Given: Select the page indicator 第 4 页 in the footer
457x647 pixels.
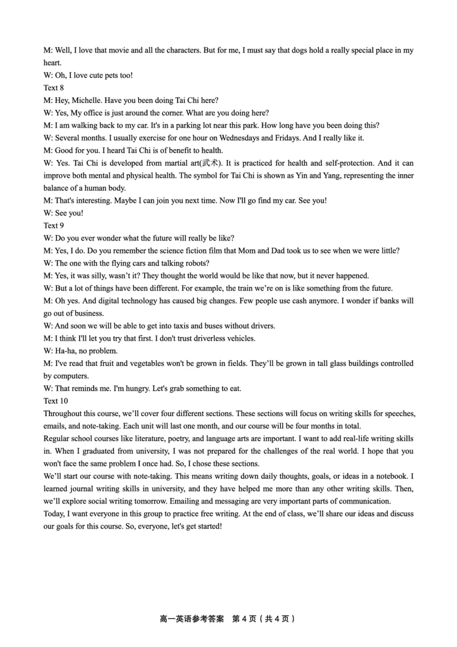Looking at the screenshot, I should point(245,619).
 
